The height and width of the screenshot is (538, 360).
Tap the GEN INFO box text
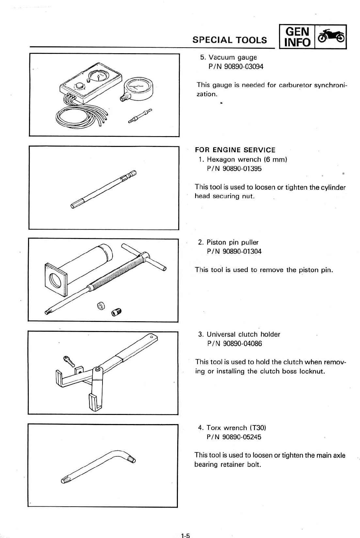[x=297, y=37]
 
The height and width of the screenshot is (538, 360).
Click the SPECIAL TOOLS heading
[x=229, y=40]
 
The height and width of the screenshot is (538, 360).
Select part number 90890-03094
[x=236, y=67]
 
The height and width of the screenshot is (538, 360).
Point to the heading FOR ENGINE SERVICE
[x=235, y=150]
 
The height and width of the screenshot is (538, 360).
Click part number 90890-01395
[x=234, y=169]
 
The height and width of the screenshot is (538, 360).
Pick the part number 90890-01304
[x=234, y=251]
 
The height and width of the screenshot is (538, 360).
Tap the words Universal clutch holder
[x=243, y=334]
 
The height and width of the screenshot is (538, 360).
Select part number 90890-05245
[x=234, y=437]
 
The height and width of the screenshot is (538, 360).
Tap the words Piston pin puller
[x=232, y=242]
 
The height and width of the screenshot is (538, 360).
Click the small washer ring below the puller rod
[x=101, y=306]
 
